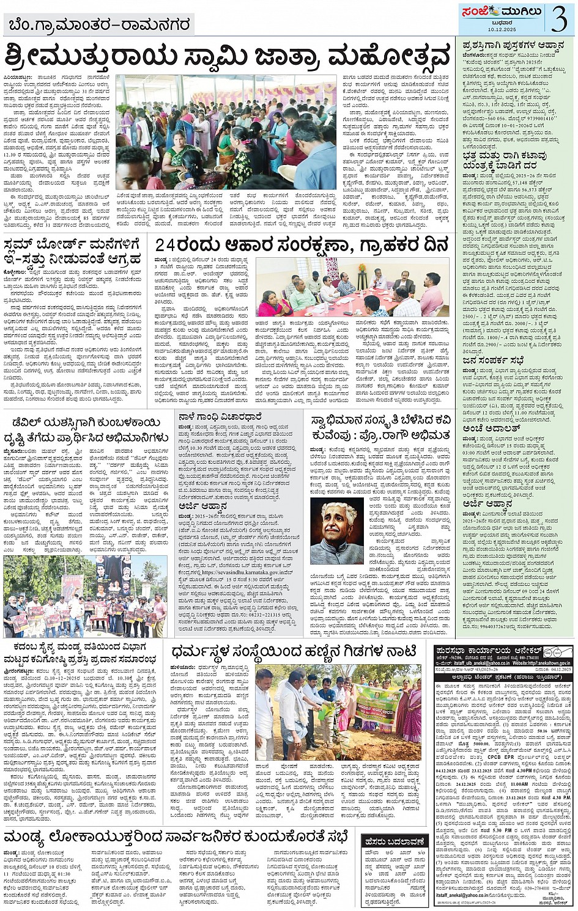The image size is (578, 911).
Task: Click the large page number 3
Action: pyautogui.click(x=558, y=18)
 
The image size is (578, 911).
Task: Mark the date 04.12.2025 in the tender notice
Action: pyautogui.click(x=553, y=670)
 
